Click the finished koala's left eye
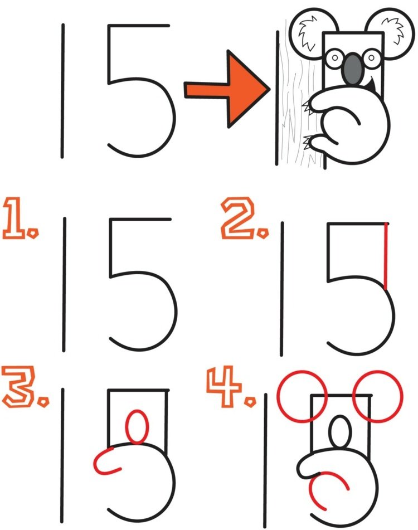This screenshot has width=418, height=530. [x=335, y=58]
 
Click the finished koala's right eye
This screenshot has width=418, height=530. [x=371, y=57]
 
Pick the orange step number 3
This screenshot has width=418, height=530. [x=20, y=386]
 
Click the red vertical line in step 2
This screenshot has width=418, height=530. [x=386, y=257]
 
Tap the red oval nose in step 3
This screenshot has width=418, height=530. [x=137, y=427]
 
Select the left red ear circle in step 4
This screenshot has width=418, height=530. [x=302, y=396]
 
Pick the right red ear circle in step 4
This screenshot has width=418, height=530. [x=378, y=396]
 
